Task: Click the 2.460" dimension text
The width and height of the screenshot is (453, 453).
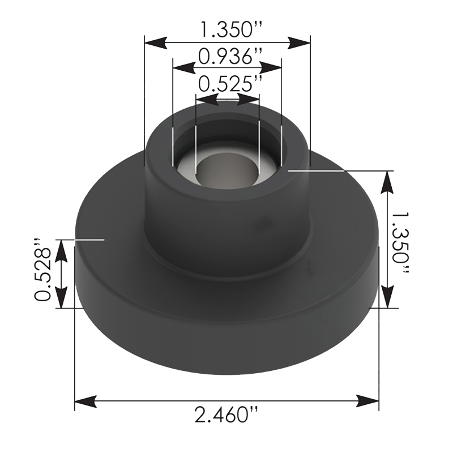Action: click(x=227, y=417)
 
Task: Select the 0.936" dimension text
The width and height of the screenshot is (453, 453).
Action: click(x=227, y=55)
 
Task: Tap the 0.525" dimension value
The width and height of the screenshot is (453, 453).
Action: click(x=227, y=85)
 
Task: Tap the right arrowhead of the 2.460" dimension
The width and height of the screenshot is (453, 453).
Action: click(x=370, y=401)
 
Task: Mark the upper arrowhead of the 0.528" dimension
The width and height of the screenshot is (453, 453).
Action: click(x=62, y=249)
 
